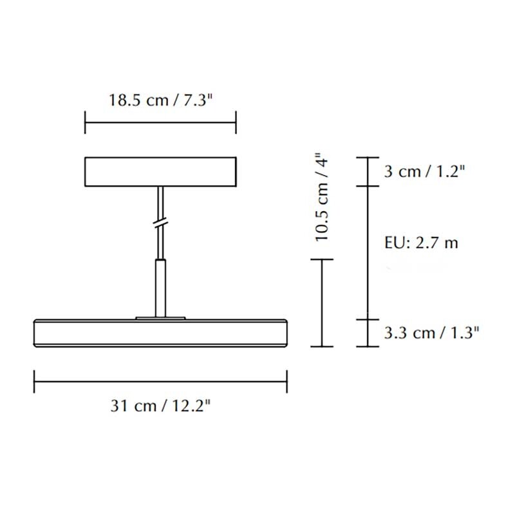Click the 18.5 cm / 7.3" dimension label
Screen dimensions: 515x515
pos(160,100)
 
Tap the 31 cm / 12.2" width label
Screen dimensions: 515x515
pos(160,406)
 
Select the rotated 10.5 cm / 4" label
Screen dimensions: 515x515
pos(323,198)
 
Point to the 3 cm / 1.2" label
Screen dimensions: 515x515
pos(424,171)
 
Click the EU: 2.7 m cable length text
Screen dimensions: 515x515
pos(422,243)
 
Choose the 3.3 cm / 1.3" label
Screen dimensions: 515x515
pos(433,333)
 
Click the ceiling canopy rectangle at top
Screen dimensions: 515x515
pos(160,171)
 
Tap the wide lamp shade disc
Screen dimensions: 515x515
pos(160,333)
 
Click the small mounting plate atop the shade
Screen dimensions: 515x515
pos(160,317)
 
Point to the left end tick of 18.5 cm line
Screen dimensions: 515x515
pos(85,122)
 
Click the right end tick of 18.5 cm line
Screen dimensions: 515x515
pos(236,122)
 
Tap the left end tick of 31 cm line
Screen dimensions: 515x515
pos(34,380)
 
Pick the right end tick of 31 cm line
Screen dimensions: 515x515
pos(287,380)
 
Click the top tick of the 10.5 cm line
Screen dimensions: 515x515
pos(322,259)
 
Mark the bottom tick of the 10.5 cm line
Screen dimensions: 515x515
pos(322,346)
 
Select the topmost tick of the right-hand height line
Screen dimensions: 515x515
pos(368,157)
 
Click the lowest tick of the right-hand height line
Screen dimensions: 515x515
pos(368,346)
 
